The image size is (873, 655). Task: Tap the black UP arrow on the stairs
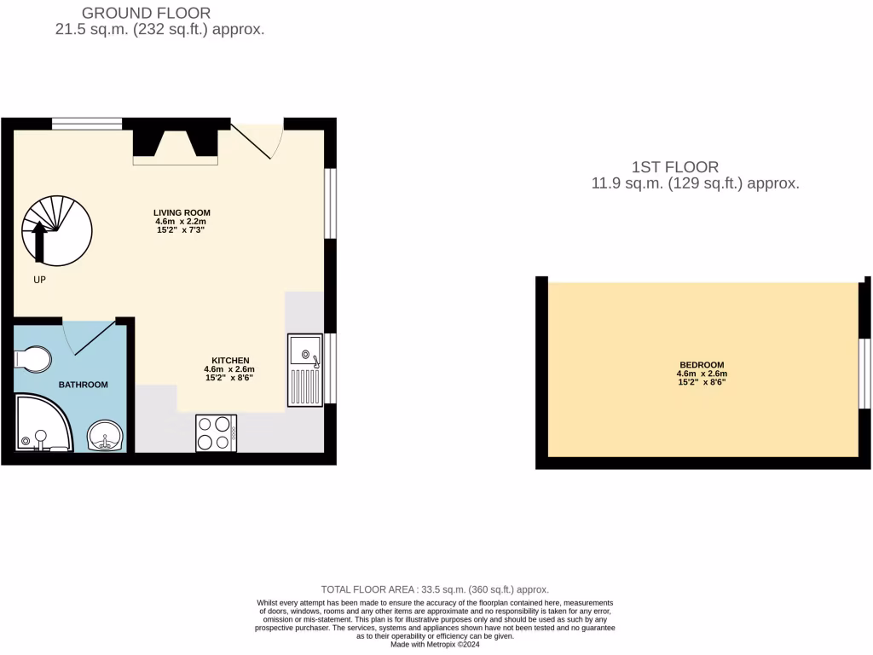point(38,241)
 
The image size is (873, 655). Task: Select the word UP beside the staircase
point(39,280)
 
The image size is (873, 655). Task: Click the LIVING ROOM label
point(182,213)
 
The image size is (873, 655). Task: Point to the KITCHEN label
point(230,360)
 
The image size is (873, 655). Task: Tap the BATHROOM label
point(83,385)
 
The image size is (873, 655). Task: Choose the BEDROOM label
point(702,365)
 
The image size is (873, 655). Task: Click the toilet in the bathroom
point(31,360)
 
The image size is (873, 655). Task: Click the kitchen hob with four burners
point(216,432)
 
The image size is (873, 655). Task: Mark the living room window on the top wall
point(87,124)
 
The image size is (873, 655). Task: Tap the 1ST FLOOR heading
point(675,167)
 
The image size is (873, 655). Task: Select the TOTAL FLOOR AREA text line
point(435,589)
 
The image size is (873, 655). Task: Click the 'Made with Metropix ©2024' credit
point(435,644)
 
